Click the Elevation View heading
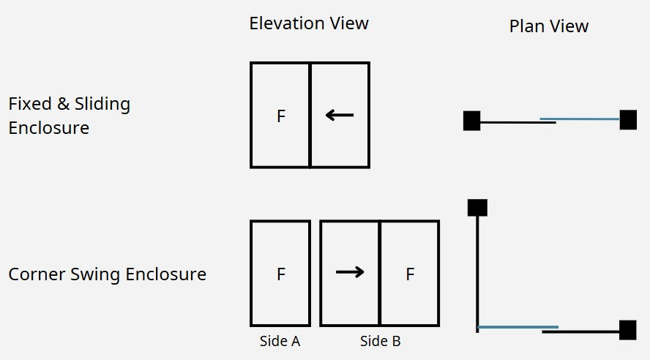click(309, 23)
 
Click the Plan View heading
click(548, 26)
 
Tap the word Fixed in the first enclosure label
click(29, 104)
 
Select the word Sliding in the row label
click(102, 105)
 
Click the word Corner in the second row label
click(37, 274)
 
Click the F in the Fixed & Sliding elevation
click(281, 116)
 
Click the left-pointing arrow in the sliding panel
click(340, 115)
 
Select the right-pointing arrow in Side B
click(350, 272)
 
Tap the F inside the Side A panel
click(281, 274)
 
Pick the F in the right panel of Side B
click(410, 274)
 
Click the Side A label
click(280, 342)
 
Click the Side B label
click(380, 342)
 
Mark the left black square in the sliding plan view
click(471, 121)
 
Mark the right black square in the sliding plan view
click(628, 120)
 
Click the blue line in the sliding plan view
click(580, 119)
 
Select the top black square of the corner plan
click(477, 208)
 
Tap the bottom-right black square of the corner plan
click(627, 330)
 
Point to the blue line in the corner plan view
click(518, 327)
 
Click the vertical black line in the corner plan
click(477, 274)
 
